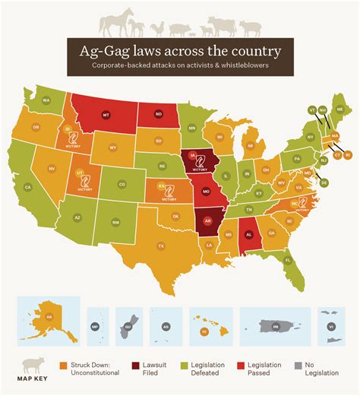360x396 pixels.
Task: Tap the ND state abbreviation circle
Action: pyautogui.click(x=158, y=116)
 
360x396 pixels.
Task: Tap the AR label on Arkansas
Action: pyautogui.click(x=207, y=222)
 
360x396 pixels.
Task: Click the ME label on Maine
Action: pyautogui.click(x=339, y=110)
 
